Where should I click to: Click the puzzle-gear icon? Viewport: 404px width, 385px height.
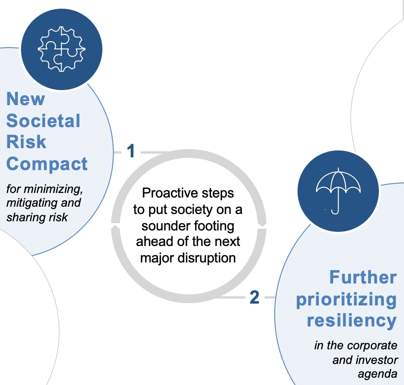coord(62,49)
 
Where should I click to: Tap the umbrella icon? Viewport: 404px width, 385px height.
coord(338,191)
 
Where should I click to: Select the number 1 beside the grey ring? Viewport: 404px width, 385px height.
coord(131,151)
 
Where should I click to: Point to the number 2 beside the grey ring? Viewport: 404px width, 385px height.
coord(254,297)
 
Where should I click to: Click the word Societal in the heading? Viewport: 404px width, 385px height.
coord(43,121)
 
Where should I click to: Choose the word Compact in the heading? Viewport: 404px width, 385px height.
coord(47,164)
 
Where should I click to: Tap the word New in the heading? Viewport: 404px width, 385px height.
coord(26,99)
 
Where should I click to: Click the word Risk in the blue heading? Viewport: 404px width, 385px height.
coord(27,142)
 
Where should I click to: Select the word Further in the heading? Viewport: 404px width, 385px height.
coord(363,277)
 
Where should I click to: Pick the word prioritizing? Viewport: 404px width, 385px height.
coord(346,300)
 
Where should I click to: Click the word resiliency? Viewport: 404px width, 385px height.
coord(352,321)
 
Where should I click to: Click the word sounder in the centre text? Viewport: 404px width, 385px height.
coord(165,226)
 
